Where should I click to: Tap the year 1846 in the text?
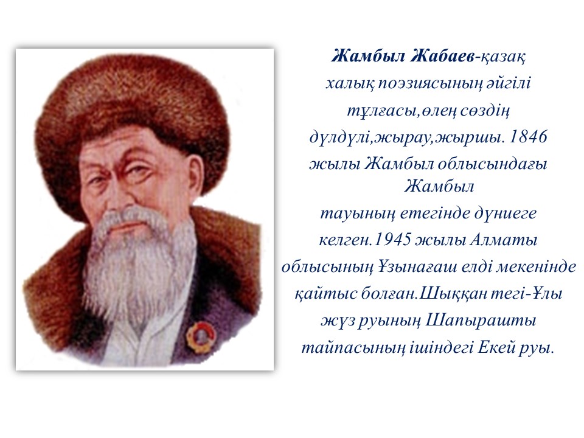pyautogui.click(x=528, y=137)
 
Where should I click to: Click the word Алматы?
pyautogui.click(x=504, y=240)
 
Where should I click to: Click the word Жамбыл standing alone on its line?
pyautogui.click(x=439, y=186)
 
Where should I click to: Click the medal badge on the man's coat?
pyautogui.click(x=200, y=334)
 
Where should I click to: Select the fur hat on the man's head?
pyautogui.click(x=132, y=108)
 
